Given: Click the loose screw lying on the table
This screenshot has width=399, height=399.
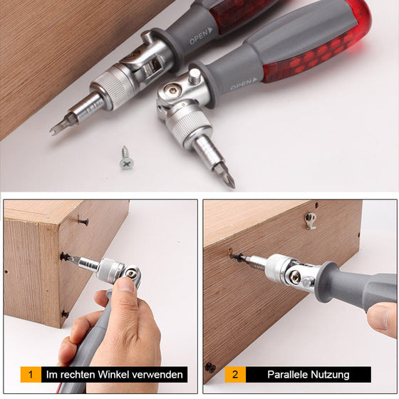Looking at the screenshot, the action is pos(127,158).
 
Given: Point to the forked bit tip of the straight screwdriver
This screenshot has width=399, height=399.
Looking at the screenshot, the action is pos(56,129).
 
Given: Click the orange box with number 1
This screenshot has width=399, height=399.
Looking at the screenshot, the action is pos(31,374).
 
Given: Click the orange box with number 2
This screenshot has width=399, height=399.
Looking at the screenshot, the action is pos(235,374).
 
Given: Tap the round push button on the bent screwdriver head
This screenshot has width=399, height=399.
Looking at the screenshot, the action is pos(194,76).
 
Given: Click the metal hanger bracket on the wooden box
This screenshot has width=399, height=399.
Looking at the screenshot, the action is pos(311,220).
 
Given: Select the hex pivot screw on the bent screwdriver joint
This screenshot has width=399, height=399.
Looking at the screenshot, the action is pos(171,90).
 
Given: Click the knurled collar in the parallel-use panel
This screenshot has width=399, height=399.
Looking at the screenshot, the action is pos(276,266).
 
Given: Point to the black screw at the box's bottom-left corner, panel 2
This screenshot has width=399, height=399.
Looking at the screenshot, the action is pos(210,368).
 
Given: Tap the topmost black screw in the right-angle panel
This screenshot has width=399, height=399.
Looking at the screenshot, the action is pos(83,222).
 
